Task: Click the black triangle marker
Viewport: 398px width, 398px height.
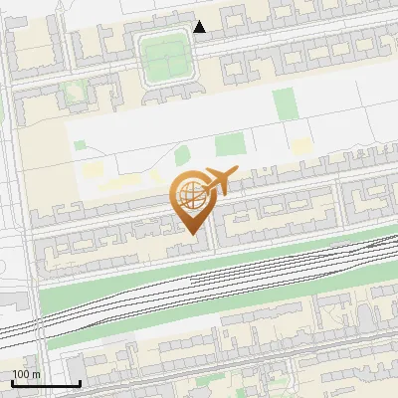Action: [x=200, y=27]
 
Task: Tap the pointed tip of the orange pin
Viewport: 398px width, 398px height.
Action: [x=193, y=234]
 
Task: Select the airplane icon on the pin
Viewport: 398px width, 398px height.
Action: [x=221, y=181]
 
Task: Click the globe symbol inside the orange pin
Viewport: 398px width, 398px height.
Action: [x=192, y=197]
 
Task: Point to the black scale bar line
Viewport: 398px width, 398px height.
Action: [x=46, y=383]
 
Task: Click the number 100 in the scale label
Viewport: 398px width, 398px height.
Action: [x=21, y=374]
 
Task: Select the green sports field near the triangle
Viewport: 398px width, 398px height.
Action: [x=164, y=57]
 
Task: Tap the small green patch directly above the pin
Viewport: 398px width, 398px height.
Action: [x=182, y=155]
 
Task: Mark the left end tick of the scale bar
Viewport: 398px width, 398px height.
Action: [x=12, y=382]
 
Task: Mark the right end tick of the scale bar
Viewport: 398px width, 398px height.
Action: [x=80, y=382]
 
